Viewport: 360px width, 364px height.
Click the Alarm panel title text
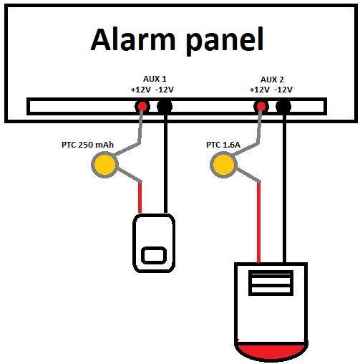(177, 41)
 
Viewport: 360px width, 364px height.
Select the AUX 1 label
(155, 79)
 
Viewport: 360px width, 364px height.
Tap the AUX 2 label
(272, 80)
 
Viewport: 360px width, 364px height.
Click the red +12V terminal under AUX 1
(142, 106)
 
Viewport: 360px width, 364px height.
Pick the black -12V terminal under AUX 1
(165, 107)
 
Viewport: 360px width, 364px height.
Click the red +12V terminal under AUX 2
(261, 106)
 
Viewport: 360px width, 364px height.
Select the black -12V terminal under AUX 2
(283, 107)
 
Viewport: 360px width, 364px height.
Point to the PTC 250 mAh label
(87, 145)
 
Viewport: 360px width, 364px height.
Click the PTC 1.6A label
(223, 145)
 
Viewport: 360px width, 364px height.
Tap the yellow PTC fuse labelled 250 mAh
(104, 165)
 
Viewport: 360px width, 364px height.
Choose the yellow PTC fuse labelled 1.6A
(223, 165)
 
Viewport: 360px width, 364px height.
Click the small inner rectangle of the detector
(154, 256)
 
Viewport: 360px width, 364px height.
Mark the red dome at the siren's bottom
(271, 351)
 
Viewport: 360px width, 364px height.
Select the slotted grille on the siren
(271, 283)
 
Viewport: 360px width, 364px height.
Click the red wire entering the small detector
(140, 198)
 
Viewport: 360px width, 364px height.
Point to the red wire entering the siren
(258, 222)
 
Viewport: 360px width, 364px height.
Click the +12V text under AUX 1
(141, 90)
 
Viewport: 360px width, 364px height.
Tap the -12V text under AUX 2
(283, 90)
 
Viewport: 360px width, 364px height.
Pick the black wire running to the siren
(284, 188)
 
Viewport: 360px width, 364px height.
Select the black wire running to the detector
(165, 163)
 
